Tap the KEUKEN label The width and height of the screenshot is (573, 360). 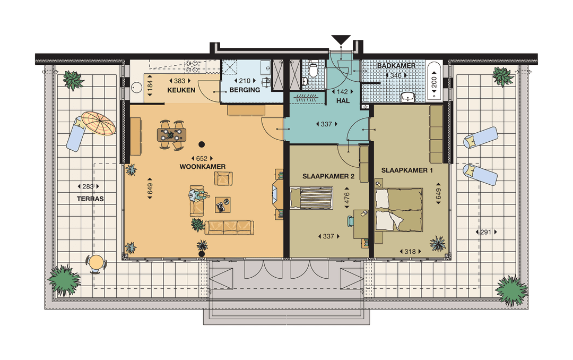click(x=181, y=90)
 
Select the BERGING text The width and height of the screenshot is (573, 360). click(x=245, y=90)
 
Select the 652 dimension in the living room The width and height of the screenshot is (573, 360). click(x=202, y=158)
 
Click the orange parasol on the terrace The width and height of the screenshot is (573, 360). click(x=99, y=124)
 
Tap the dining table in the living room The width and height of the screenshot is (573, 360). click(x=171, y=135)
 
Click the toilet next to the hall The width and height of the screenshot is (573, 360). click(x=314, y=70)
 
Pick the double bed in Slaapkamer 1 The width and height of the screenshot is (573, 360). click(x=398, y=209)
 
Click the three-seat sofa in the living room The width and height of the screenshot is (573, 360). click(x=229, y=227)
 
